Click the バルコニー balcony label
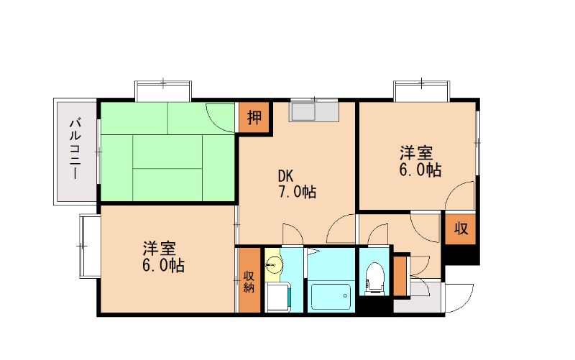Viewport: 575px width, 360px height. (x=74, y=152)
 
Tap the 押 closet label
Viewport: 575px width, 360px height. (x=254, y=117)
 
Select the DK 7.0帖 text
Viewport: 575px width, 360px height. (x=297, y=184)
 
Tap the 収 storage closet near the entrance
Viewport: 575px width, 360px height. (x=460, y=230)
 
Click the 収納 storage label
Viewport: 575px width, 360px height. (x=249, y=281)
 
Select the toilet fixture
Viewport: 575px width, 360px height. (x=374, y=278)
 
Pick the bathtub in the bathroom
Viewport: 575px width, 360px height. (x=331, y=295)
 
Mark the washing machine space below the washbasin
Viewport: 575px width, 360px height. (x=277, y=296)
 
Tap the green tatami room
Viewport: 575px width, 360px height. (x=167, y=152)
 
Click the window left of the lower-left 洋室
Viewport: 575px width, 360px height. (x=89, y=246)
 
